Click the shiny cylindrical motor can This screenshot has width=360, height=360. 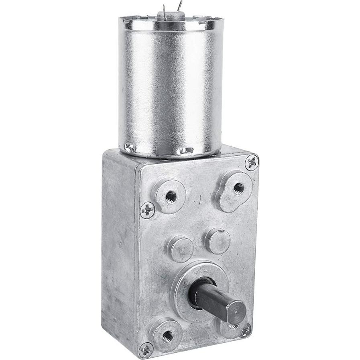(x=171, y=84)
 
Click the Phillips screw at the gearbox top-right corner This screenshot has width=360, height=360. (x=252, y=162)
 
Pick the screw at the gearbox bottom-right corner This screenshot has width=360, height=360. (x=245, y=330)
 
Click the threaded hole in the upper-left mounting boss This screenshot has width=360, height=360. (x=171, y=196)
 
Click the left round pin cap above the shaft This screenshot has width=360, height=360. (x=180, y=248)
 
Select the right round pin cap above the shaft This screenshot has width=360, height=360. (x=218, y=241)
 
